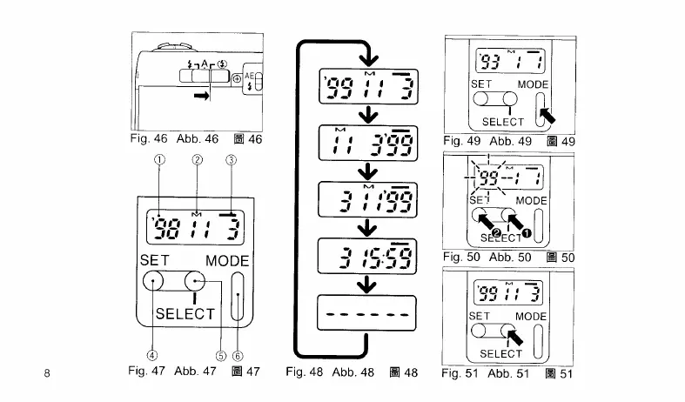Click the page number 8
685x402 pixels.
pyautogui.click(x=47, y=373)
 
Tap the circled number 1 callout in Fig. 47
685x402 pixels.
pyautogui.click(x=159, y=159)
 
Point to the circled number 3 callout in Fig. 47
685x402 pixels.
pyautogui.click(x=231, y=159)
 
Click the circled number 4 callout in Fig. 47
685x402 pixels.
pyautogui.click(x=152, y=354)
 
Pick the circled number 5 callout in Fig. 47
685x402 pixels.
pyautogui.click(x=220, y=354)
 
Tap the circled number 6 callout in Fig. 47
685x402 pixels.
pyautogui.click(x=237, y=354)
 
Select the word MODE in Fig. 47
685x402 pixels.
pyautogui.click(x=227, y=261)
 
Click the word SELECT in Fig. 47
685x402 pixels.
pyautogui.click(x=185, y=314)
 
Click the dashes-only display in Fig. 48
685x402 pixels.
pyautogui.click(x=361, y=313)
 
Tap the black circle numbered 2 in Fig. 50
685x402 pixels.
pyautogui.click(x=497, y=234)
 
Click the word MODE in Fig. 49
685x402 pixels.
pyautogui.click(x=533, y=84)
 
